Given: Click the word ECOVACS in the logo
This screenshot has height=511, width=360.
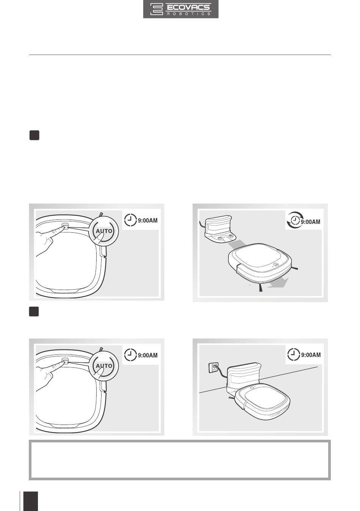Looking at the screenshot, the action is coord(188,7).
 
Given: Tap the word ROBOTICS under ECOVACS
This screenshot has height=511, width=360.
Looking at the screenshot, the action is coord(189,14).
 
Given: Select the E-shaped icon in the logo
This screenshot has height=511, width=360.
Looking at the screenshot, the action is coord(157,9).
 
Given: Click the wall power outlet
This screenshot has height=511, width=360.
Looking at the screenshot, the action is coord(214,367).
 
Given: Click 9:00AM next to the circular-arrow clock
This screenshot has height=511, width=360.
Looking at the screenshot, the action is coord(311,221).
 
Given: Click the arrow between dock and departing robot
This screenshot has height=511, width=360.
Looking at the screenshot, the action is coord(236,245).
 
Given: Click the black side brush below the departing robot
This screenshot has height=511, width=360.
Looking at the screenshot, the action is coord(261,288).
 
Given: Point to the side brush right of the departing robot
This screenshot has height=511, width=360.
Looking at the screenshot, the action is coord(294,268).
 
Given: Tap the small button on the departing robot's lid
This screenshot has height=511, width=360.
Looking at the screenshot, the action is coord(275,265).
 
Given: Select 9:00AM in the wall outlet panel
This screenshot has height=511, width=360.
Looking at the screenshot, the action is coord(311,355).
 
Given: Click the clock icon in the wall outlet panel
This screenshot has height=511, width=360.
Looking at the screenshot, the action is coord(294,354).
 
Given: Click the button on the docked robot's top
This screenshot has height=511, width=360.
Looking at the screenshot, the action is coord(252,387).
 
